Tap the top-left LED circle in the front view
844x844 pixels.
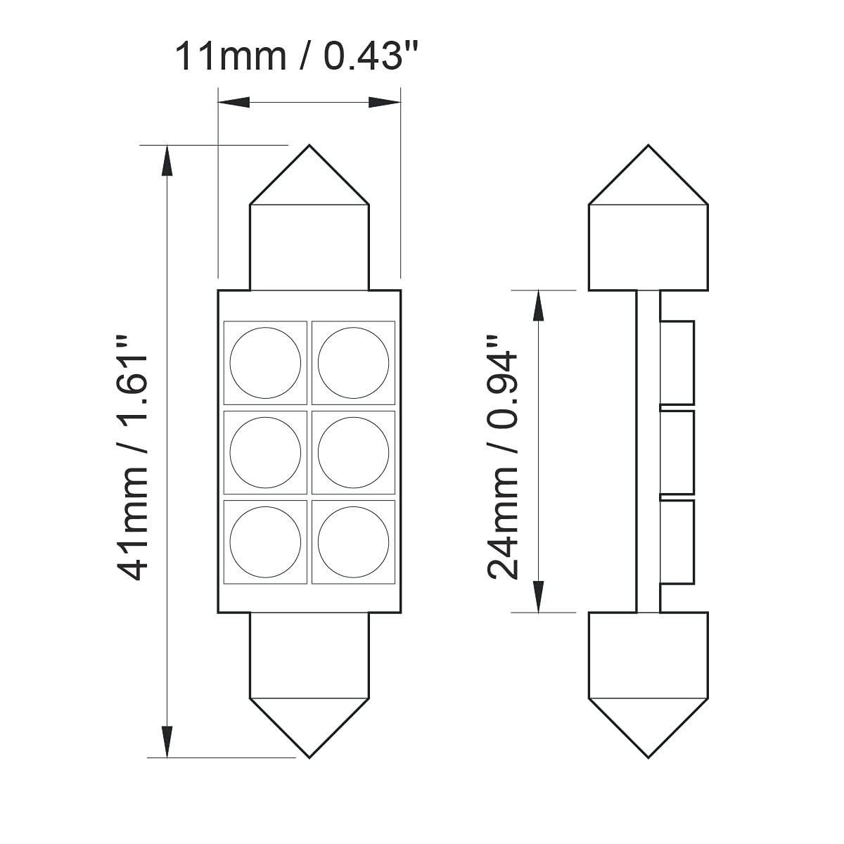click(265, 363)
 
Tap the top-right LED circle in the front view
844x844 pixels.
click(353, 363)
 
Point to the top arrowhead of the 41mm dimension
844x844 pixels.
click(167, 160)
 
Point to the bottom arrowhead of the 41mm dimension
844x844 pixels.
click(167, 742)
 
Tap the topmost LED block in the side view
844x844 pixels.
click(677, 363)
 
